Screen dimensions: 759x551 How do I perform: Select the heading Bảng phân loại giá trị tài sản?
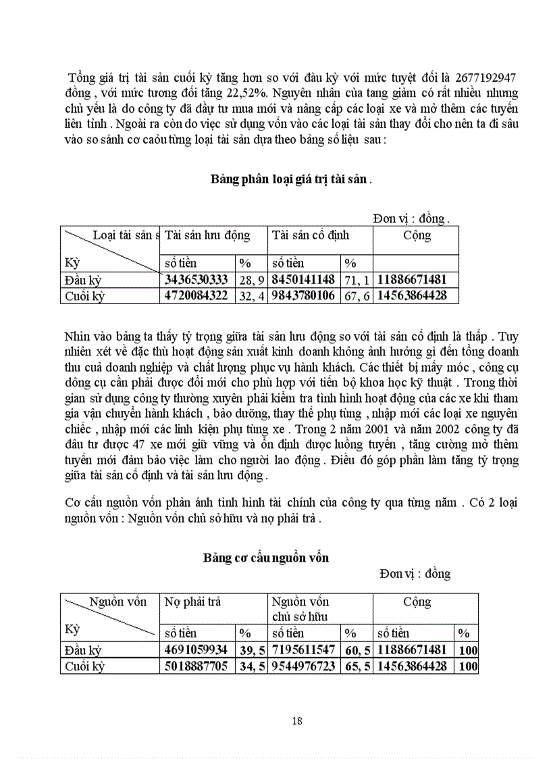[x=290, y=179]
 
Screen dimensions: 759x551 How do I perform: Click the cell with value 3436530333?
[x=197, y=279]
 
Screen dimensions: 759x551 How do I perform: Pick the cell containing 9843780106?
[x=304, y=295]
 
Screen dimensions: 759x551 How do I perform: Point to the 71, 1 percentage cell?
[x=356, y=279]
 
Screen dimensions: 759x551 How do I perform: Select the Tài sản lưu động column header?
[x=207, y=236]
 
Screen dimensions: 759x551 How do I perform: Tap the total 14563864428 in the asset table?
[x=412, y=295]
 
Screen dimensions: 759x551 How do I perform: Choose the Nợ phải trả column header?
[x=193, y=602]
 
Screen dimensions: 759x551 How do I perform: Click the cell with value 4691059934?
[x=197, y=650]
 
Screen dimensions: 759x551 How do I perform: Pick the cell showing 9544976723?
[x=304, y=666]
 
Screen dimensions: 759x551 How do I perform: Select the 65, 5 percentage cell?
[x=356, y=666]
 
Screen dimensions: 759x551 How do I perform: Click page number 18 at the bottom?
[x=297, y=720]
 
